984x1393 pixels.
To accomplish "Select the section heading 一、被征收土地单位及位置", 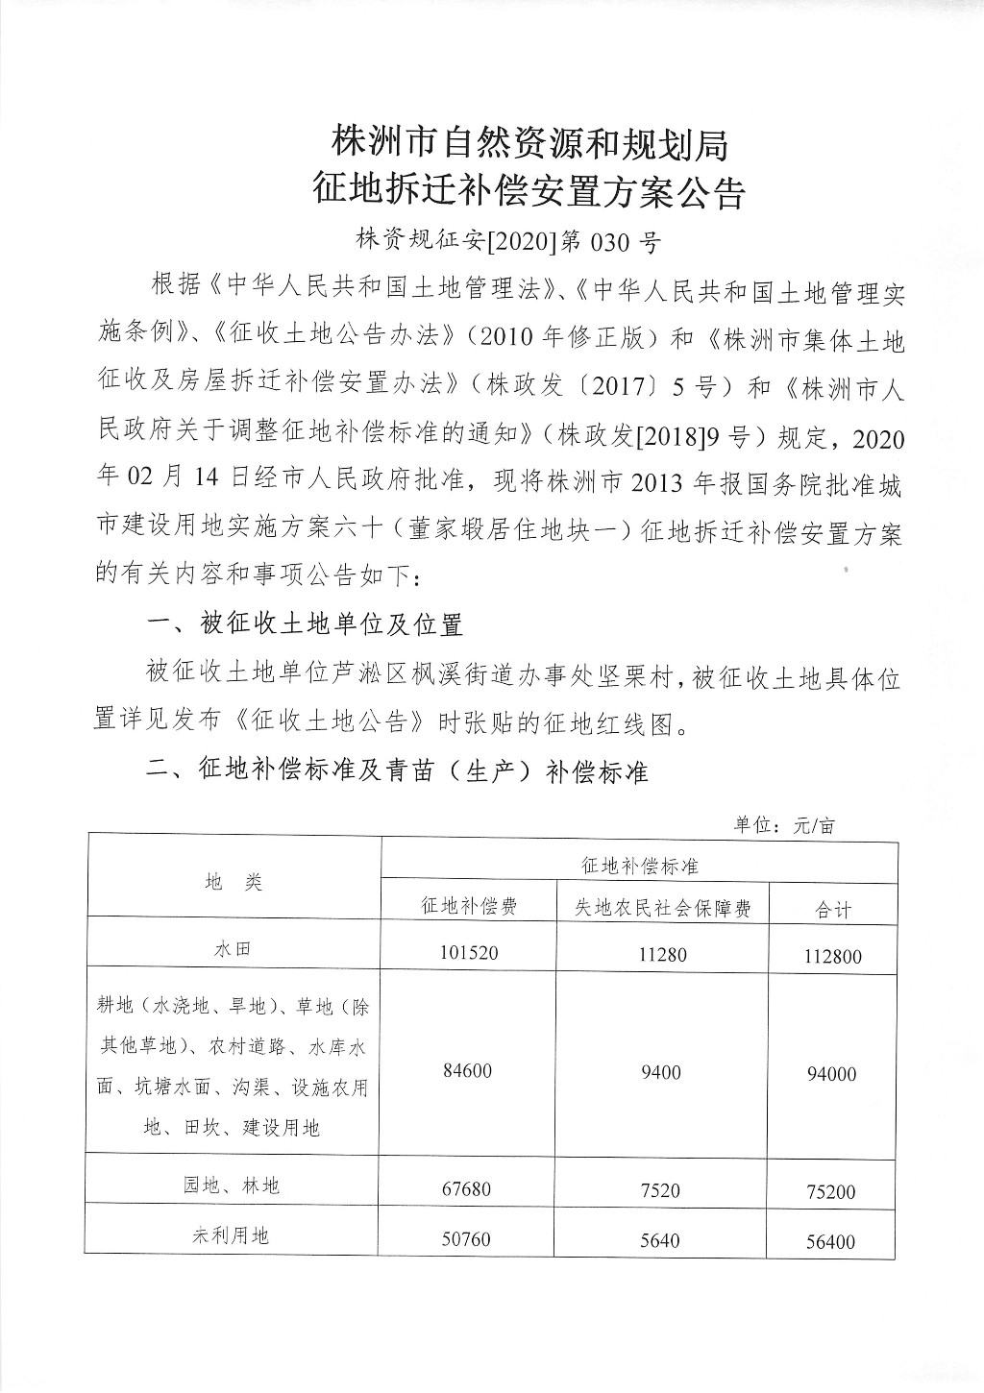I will pos(305,624).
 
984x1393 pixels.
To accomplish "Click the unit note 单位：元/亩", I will pos(785,824).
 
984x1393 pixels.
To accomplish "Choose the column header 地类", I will pos(234,882).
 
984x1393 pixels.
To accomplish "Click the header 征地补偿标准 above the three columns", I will pos(640,865).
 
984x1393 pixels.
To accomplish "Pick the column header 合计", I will pos(832,909).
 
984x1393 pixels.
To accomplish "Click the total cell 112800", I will pos(832,956).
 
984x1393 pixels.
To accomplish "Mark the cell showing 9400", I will pos(661,1071).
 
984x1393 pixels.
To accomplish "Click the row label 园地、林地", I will pos(233,1185).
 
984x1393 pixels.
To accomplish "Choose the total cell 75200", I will pos(832,1192).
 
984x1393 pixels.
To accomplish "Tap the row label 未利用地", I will pos(233,1235).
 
